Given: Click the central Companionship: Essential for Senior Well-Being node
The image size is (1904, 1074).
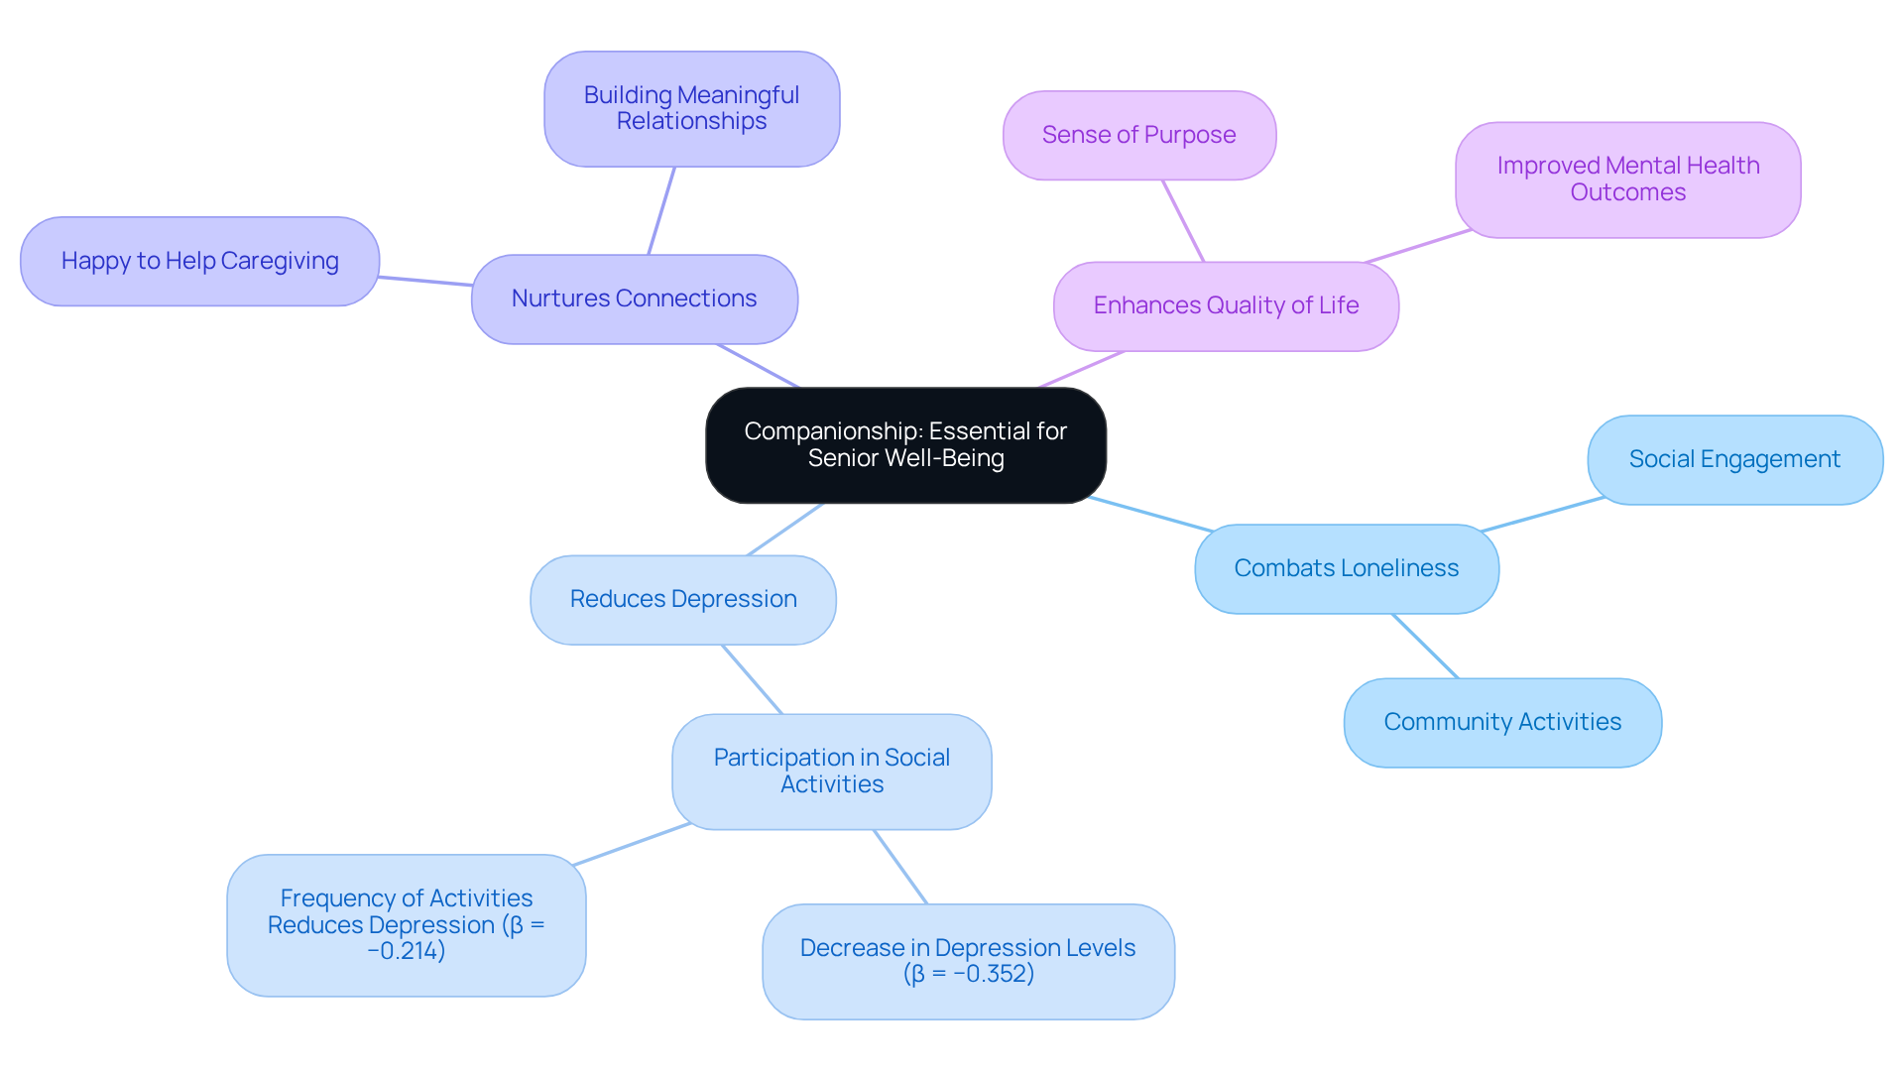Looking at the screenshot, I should click(905, 445).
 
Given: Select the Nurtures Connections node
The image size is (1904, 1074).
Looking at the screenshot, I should click(635, 299).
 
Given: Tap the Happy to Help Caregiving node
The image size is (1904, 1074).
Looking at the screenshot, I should click(199, 262).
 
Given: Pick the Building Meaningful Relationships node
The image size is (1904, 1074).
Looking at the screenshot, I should click(691, 109).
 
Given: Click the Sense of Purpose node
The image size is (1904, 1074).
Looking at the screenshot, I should click(1138, 136).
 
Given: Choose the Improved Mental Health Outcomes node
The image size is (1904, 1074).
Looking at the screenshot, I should click(1627, 179).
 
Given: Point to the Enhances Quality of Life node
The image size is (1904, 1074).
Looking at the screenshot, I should click(1226, 306).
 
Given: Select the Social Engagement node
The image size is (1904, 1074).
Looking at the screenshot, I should click(1734, 460).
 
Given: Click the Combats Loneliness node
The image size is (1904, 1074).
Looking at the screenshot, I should click(1346, 569).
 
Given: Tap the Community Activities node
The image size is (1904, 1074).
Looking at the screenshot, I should click(1502, 723).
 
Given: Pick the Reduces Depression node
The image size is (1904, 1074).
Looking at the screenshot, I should click(682, 600).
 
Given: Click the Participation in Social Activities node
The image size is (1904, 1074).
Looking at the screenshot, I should click(831, 772).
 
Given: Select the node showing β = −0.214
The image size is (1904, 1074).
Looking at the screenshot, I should click(406, 925).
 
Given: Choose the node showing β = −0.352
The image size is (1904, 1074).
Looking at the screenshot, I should click(968, 961).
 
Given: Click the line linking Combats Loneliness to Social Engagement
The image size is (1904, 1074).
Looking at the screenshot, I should click(1543, 515).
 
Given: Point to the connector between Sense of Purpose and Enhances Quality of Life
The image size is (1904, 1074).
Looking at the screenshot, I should click(1183, 221).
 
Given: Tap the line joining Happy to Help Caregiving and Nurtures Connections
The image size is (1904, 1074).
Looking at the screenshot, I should click(425, 282).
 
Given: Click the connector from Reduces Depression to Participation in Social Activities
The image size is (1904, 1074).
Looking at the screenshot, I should click(752, 679).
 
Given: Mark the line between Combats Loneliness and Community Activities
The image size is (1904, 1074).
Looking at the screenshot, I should click(1425, 647).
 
